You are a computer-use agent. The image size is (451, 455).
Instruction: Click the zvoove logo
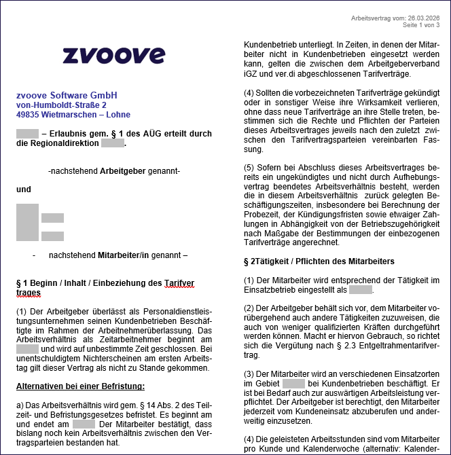tap(113, 55)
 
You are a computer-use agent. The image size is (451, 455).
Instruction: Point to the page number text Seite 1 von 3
tap(421, 25)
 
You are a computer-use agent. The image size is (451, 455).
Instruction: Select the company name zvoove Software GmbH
tap(67, 95)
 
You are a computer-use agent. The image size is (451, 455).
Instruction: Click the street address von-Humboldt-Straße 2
tap(61, 105)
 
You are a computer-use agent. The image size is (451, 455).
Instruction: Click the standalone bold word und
tap(24, 189)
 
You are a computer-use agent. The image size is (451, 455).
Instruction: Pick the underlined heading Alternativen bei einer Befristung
tap(80, 386)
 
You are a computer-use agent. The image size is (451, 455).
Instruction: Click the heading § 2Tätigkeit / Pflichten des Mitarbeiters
tap(319, 261)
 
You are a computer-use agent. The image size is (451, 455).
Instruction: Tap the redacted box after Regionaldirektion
tap(113, 143)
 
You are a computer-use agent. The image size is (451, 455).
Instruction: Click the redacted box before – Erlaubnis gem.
tap(27, 134)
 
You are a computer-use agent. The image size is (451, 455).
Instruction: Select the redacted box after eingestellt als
tap(361, 290)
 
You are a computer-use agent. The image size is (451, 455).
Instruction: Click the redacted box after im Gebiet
tap(293, 383)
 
